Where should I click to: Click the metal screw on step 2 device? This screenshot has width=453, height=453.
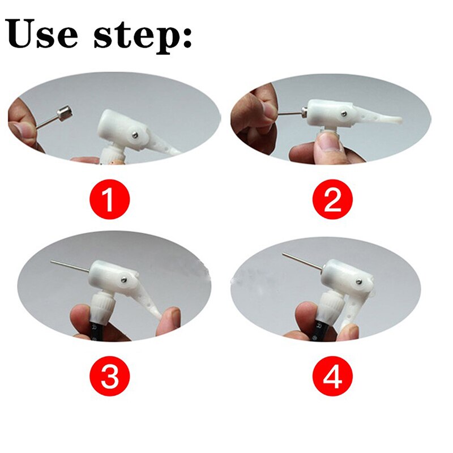344,113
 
